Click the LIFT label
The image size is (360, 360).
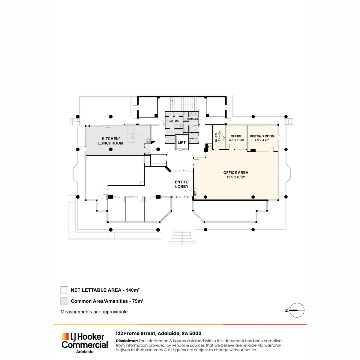(181, 142)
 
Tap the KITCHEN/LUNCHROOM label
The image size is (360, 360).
(111, 141)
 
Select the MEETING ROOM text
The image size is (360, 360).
(262, 136)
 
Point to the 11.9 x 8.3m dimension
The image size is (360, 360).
(236, 177)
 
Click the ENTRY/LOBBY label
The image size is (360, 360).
(181, 184)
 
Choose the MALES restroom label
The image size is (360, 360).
(174, 121)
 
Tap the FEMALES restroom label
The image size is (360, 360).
(192, 119)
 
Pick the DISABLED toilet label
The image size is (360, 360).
(193, 138)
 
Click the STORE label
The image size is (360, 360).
(216, 137)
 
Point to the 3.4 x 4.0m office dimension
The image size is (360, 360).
(236, 140)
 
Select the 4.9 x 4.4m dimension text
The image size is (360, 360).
(262, 140)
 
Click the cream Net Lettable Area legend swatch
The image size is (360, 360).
(64, 290)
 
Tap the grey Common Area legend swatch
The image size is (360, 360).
(64, 301)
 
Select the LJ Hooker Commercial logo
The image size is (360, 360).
(85, 343)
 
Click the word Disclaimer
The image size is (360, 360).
(127, 341)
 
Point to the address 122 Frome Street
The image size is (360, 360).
(136, 334)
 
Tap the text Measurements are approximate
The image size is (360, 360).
(94, 312)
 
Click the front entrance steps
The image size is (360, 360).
(182, 237)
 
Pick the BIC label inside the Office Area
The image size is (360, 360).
(195, 193)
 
